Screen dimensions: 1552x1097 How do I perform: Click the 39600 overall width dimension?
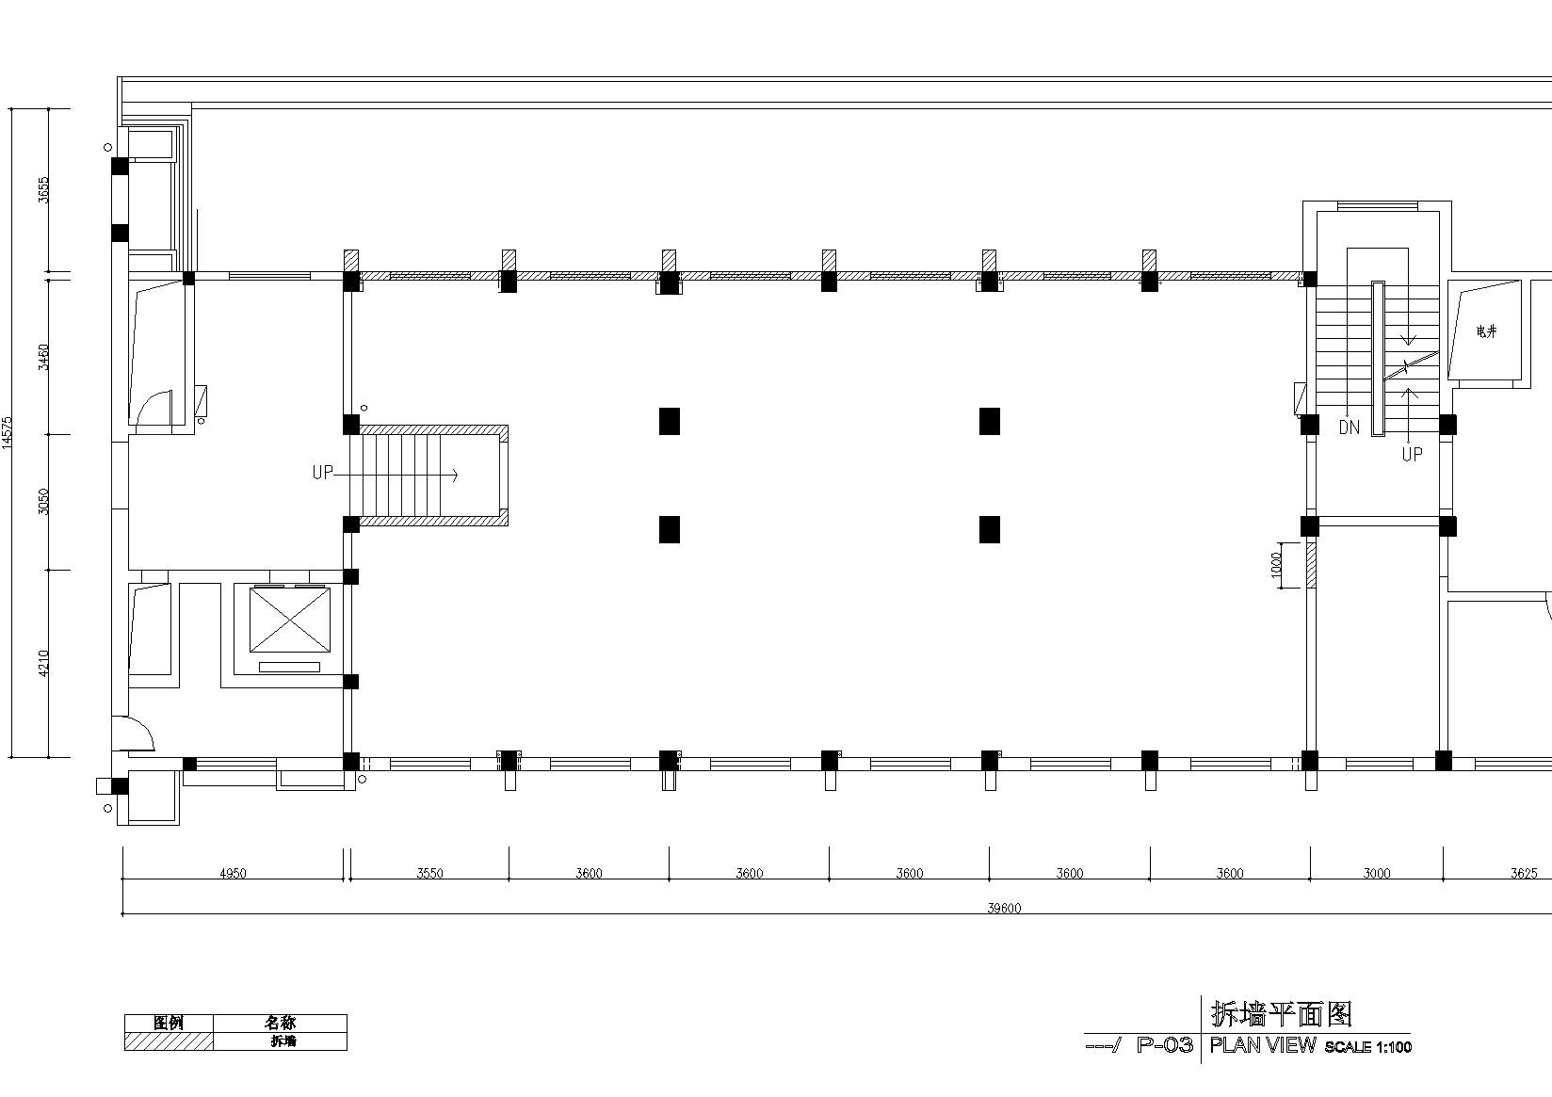[1004, 908]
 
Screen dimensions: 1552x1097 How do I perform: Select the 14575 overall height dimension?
[7, 433]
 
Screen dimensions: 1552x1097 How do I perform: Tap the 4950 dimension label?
[233, 873]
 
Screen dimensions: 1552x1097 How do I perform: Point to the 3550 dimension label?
[429, 873]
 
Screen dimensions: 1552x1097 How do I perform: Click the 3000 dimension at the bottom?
[1377, 873]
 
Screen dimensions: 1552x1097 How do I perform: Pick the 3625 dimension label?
[1524, 873]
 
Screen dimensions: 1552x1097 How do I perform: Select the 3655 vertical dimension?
[43, 190]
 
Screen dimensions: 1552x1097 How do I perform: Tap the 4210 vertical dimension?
[43, 663]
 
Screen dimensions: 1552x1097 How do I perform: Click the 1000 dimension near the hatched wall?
[1277, 565]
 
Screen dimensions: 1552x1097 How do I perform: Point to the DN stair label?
[1349, 428]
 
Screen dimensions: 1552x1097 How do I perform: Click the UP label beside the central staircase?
[322, 473]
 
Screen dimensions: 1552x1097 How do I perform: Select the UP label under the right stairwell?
[1412, 455]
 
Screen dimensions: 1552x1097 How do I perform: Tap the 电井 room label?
[1486, 331]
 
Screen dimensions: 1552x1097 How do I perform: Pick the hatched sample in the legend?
[170, 1041]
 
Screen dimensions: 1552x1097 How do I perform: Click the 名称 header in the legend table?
[280, 1023]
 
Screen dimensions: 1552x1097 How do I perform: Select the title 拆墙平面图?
[1282, 1014]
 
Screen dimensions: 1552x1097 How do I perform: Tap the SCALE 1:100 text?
[1367, 1047]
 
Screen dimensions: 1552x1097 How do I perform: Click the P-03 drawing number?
[1165, 1045]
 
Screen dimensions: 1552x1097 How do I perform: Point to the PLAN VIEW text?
[1262, 1045]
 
